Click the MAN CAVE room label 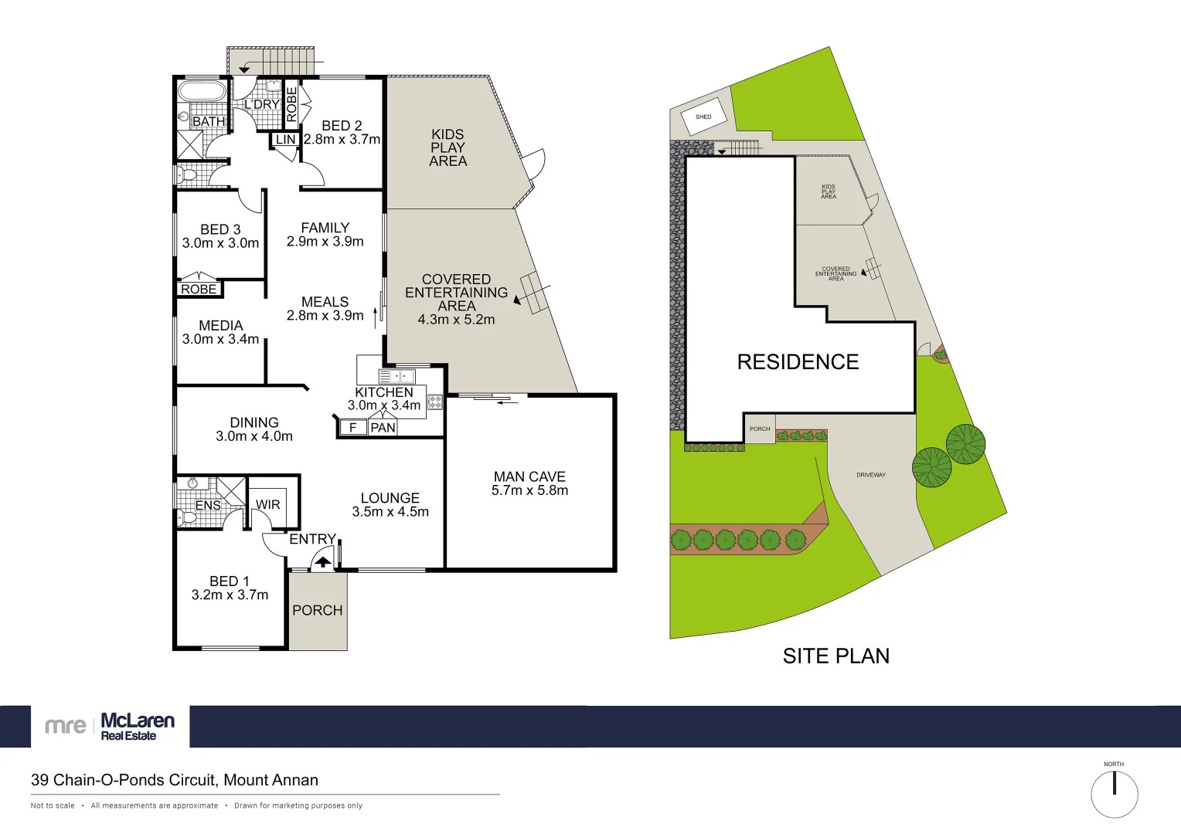coord(529,477)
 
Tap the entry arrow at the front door coord(323,562)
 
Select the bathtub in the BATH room coord(202,91)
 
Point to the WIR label coord(268,505)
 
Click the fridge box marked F coord(353,428)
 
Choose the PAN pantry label coord(383,428)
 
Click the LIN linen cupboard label coord(286,140)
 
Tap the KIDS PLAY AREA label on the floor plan coord(448,147)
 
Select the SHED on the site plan coord(703,117)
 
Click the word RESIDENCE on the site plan coord(798,362)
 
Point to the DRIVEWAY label coord(871,475)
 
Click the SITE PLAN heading coord(836,656)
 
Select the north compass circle coord(1114,794)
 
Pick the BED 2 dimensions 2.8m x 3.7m coord(342,140)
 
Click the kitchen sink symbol coord(397,377)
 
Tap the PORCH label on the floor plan coord(317,610)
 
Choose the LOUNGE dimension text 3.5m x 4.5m coord(390,512)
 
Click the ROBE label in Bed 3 coord(199,289)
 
